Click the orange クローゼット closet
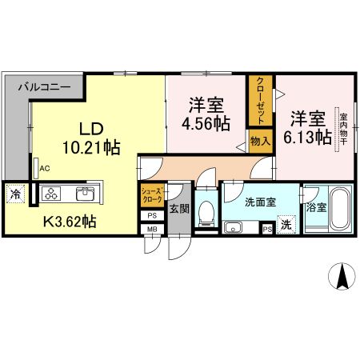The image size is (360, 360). point(260,102)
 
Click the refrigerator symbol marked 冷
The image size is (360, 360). point(15,193)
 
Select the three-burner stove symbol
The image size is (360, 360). point(53,194)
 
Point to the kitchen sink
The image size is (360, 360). point(86,194)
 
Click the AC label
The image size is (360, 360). point(45,169)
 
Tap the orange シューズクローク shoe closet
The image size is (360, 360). point(152,194)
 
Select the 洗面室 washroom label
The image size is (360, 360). point(260,202)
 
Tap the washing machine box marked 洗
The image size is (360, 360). point(286,226)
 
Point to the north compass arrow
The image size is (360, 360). point(342,277)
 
